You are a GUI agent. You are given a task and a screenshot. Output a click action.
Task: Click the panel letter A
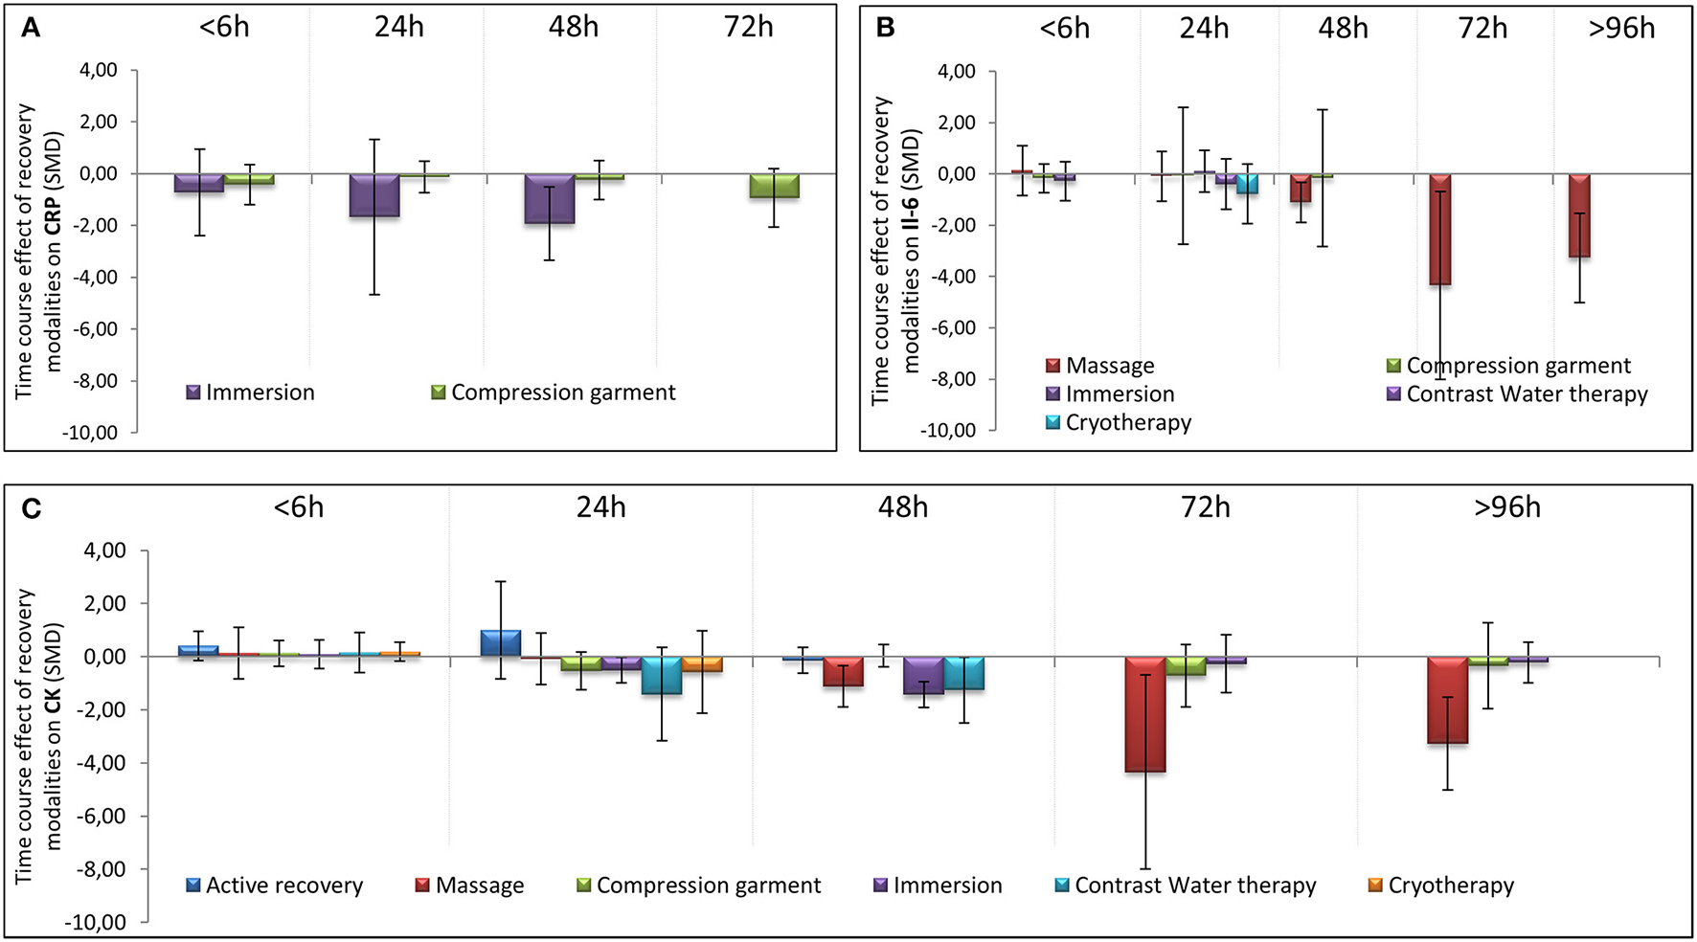point(31,29)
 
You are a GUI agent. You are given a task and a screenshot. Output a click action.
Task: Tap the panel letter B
point(885,29)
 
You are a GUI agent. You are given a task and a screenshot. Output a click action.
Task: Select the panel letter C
point(31,508)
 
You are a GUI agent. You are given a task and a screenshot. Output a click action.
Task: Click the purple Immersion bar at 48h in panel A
point(550,198)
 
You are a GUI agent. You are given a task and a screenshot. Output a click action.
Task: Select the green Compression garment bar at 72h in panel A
point(774,186)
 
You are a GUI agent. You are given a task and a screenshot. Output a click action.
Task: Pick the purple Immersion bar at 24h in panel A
point(374,195)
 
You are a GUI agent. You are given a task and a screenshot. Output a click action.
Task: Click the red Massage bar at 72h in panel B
point(1440,229)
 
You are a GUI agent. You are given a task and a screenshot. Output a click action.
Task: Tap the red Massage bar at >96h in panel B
point(1579,215)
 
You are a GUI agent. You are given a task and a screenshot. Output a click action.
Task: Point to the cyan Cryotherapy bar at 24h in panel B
point(1247,184)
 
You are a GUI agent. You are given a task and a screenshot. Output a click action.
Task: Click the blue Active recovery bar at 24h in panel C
point(501,643)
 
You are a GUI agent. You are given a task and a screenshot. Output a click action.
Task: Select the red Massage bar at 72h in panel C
point(1145,714)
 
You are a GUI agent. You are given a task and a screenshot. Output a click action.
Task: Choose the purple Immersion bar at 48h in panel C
point(923,676)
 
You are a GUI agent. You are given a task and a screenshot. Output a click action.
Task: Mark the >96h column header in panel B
point(1621,29)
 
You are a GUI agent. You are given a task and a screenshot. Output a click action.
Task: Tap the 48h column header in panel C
point(903,506)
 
